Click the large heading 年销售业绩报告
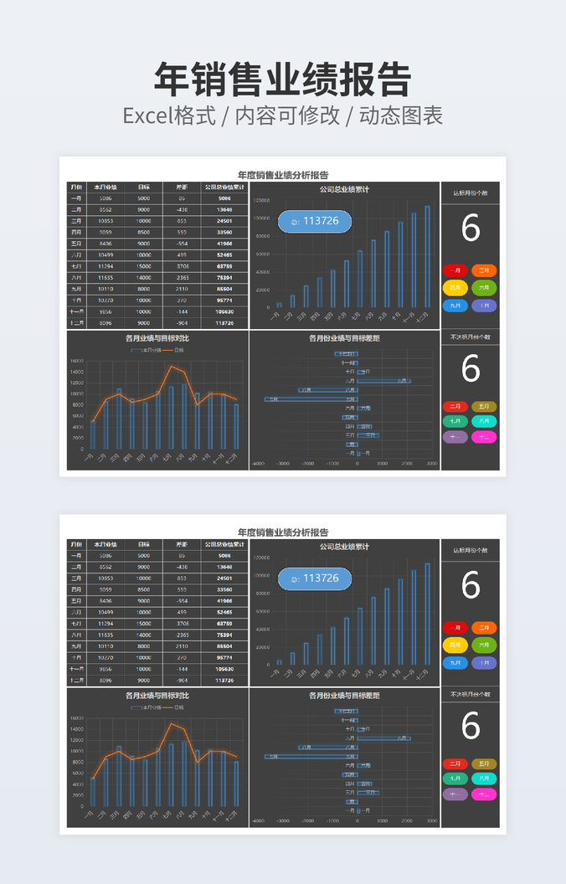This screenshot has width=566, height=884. (x=282, y=80)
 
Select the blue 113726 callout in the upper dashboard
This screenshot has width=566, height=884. (x=315, y=221)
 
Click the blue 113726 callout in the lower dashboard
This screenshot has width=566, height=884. (x=315, y=578)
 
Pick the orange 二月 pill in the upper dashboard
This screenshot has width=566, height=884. (x=484, y=270)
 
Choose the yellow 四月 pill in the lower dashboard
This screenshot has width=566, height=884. (x=455, y=645)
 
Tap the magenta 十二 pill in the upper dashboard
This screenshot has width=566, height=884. (x=484, y=437)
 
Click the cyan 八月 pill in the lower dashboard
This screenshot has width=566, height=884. (x=484, y=779)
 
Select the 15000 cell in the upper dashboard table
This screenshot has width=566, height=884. (x=144, y=266)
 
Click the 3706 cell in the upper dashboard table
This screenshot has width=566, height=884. (x=182, y=266)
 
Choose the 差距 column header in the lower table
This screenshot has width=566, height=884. (x=182, y=544)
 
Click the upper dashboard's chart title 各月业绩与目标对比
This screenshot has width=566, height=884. (x=157, y=338)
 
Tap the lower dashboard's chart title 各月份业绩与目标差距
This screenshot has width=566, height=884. (x=344, y=696)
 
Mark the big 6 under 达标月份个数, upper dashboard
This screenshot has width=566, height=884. (x=471, y=229)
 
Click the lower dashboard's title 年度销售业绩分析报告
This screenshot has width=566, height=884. (x=283, y=532)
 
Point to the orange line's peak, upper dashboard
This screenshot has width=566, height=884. (x=172, y=366)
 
